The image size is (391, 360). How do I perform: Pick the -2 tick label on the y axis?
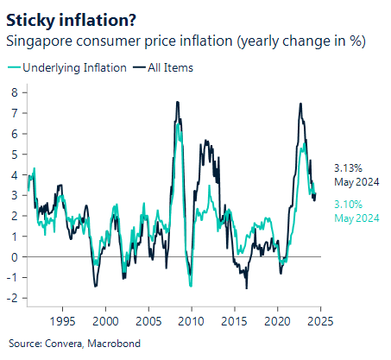(12, 298)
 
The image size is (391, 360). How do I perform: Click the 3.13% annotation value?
(348, 169)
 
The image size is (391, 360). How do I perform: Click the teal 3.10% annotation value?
(348, 205)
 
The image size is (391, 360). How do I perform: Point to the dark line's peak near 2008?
(177, 102)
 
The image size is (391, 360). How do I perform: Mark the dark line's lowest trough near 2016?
(247, 288)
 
